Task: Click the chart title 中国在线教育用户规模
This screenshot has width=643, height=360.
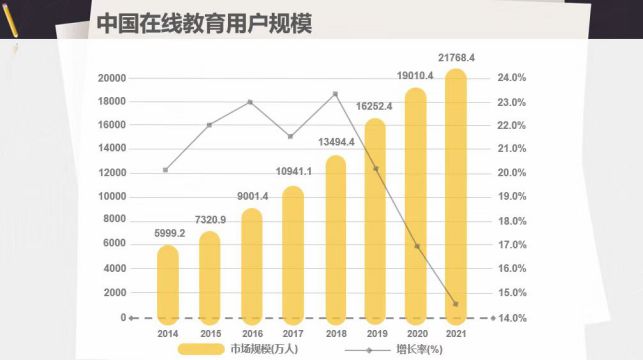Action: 204,23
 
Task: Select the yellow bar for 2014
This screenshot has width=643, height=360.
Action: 168,284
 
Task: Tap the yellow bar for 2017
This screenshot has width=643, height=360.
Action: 293,255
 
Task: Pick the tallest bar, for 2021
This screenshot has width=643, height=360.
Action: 456,196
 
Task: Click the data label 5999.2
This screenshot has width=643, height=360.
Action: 170,233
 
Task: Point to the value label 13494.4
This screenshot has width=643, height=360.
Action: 336,142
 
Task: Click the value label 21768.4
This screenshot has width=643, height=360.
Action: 456,58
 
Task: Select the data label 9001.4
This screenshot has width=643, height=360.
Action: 253,196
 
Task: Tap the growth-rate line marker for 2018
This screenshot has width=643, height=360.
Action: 335,94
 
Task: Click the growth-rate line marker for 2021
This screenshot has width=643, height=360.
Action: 456,304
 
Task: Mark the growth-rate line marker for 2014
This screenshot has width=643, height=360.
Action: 165,170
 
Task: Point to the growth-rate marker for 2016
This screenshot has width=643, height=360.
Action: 251,102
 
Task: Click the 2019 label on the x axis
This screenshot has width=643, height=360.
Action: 377,334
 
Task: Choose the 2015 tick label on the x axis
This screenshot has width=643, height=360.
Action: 211,334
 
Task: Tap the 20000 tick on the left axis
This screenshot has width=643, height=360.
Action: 112,78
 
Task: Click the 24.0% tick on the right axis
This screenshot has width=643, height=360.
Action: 512,77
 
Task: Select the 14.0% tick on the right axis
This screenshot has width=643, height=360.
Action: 512,318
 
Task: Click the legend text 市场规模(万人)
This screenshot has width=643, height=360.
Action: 264,349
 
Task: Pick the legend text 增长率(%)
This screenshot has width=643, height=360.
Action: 420,350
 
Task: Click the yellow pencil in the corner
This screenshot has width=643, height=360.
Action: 10,21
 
